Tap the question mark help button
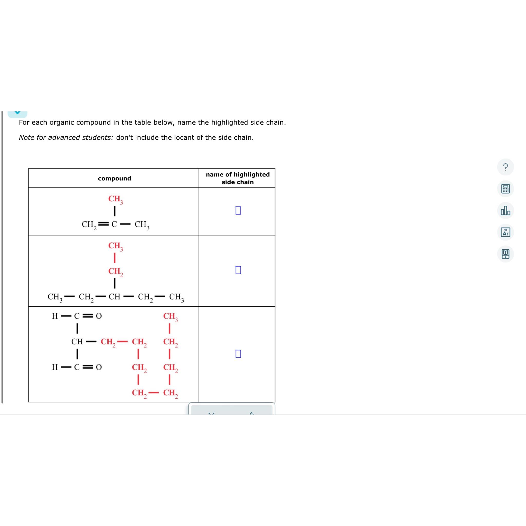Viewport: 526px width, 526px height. (x=505, y=167)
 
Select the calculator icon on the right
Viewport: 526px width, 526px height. (x=505, y=189)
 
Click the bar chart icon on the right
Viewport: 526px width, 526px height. (x=505, y=210)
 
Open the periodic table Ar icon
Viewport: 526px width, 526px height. (x=505, y=232)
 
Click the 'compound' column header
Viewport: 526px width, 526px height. (x=114, y=178)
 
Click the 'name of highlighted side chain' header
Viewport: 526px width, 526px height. (x=237, y=178)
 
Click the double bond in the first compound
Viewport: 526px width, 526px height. (x=104, y=224)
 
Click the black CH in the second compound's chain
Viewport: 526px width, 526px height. (x=114, y=296)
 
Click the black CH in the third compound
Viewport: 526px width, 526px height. (x=77, y=341)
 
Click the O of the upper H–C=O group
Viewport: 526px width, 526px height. (x=99, y=316)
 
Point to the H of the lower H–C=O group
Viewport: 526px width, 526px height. (x=55, y=367)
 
